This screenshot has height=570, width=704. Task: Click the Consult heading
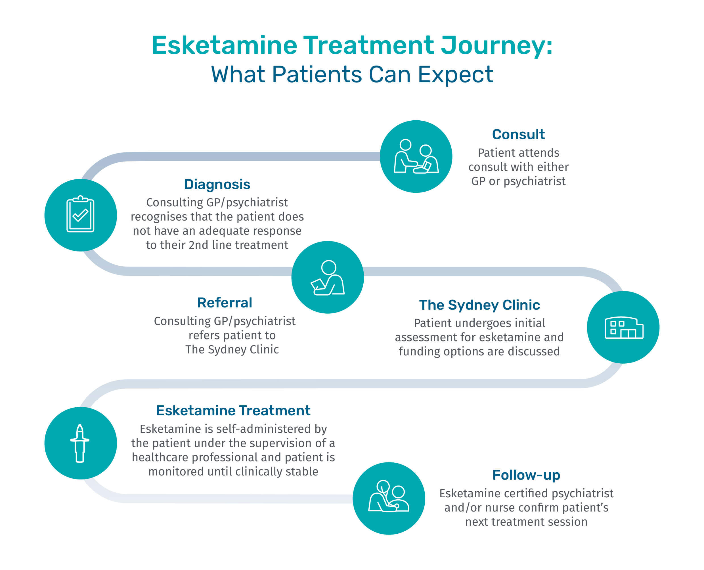click(518, 134)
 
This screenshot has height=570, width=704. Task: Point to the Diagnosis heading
click(217, 184)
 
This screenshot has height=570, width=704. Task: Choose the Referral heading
click(225, 302)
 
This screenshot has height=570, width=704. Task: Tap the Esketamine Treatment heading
click(233, 410)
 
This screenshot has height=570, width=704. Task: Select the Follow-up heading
click(526, 475)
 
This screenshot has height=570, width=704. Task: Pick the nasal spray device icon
click(80, 443)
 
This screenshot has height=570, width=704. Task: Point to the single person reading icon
click(328, 277)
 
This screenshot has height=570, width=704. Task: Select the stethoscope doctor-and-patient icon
click(389, 498)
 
